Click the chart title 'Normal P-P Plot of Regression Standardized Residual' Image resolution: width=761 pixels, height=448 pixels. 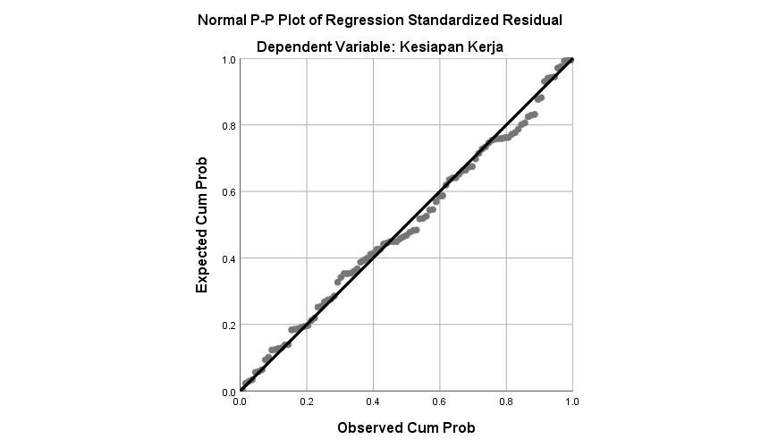[x=380, y=20]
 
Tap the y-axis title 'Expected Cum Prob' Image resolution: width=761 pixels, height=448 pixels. [x=202, y=225]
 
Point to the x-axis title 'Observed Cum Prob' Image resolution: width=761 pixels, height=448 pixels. [x=405, y=427]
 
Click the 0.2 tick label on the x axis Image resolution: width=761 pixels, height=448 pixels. [x=307, y=403]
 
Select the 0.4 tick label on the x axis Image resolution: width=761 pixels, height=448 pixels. [x=373, y=403]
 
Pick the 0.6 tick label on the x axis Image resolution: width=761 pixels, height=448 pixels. [x=439, y=403]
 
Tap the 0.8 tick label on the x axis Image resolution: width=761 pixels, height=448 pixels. [x=505, y=403]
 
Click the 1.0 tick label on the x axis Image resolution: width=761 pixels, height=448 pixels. [x=571, y=403]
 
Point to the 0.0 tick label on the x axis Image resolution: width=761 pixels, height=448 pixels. [x=241, y=403]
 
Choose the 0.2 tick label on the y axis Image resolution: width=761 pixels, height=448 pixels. [x=228, y=325]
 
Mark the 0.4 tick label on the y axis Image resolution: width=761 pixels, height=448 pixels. [x=228, y=259]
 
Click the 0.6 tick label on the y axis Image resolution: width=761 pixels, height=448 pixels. [x=228, y=192]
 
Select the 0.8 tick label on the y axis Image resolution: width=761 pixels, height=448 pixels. [x=228, y=126]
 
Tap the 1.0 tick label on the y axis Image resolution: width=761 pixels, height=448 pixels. [x=228, y=60]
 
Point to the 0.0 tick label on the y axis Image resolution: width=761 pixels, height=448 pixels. [x=228, y=392]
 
